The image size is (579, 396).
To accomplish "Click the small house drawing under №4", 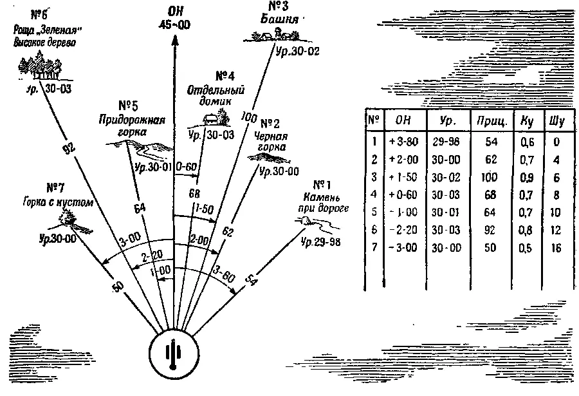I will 212,119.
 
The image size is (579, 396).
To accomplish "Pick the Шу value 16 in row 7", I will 555,248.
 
